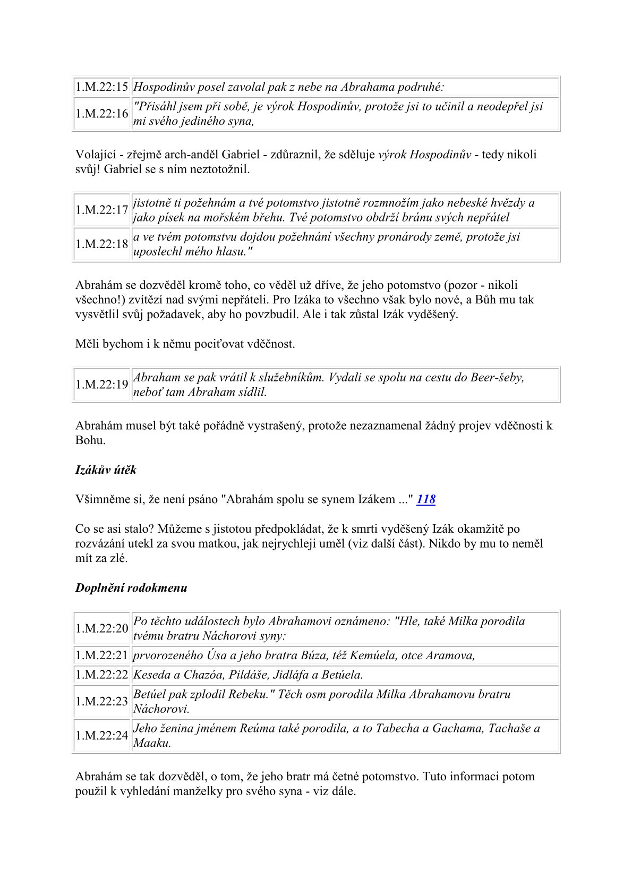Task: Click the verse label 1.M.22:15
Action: (101, 87)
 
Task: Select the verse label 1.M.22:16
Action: (101, 114)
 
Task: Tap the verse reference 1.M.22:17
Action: (101, 210)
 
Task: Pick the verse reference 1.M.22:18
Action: (101, 244)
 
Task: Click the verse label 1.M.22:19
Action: (101, 385)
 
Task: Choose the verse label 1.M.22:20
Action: (101, 628)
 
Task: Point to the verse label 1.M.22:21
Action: (101, 655)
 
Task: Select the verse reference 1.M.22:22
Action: (101, 675)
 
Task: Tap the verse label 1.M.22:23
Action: (101, 701)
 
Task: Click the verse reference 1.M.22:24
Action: (101, 735)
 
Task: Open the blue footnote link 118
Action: (426, 499)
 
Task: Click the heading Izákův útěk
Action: (106, 470)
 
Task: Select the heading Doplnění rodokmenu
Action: (131, 588)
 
